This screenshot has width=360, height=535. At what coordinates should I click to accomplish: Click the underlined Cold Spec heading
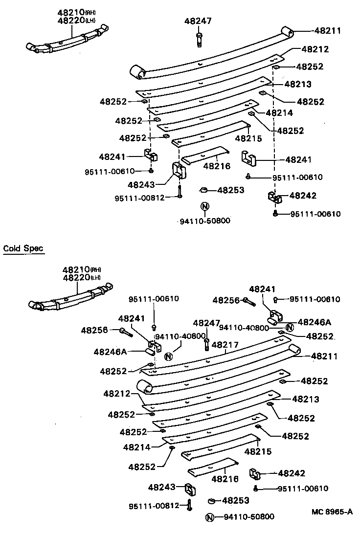coord(23,248)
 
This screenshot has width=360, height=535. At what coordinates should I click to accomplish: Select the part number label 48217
coord(225,345)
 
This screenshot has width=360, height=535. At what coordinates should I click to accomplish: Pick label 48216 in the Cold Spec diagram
coord(225,479)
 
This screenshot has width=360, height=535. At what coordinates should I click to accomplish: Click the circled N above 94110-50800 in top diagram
coord(204,205)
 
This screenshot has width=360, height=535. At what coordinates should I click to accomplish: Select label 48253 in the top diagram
coord(230,190)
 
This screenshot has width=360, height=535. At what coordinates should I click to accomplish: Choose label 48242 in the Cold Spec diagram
coord(292,473)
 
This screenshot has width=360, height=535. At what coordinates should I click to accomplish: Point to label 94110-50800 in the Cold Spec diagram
coord(249,517)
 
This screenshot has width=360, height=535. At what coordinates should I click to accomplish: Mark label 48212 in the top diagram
coord(315,49)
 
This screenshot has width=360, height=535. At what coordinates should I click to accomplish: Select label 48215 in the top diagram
coord(248,138)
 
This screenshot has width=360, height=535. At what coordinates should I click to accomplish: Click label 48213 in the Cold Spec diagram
coord(306,399)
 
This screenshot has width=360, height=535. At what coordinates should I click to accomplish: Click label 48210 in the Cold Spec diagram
coord(74,269)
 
